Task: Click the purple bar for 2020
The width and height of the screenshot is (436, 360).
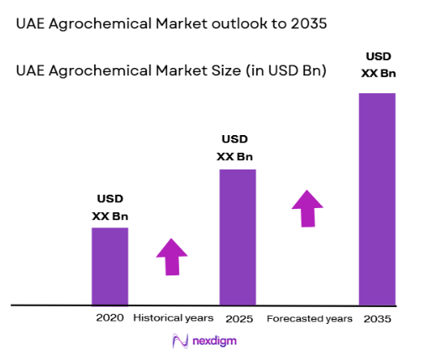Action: pyautogui.click(x=110, y=266)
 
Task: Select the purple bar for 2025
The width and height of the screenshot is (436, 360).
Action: pyautogui.click(x=238, y=237)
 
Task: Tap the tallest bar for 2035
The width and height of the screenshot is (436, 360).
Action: pyautogui.click(x=376, y=199)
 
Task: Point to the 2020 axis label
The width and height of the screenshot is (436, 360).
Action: pyautogui.click(x=110, y=319)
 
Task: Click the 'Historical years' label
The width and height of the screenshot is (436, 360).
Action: pyautogui.click(x=173, y=319)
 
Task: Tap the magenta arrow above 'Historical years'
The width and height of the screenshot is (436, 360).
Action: pyautogui.click(x=172, y=256)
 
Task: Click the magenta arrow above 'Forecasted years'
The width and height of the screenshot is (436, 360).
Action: pyautogui.click(x=307, y=207)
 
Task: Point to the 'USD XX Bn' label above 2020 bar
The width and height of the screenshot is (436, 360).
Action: pyautogui.click(x=110, y=207)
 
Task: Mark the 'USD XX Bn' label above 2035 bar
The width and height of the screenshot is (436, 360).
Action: pyautogui.click(x=378, y=65)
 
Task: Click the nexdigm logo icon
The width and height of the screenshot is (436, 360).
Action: pyautogui.click(x=179, y=342)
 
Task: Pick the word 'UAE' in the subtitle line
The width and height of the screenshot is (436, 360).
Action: pyautogui.click(x=30, y=70)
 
